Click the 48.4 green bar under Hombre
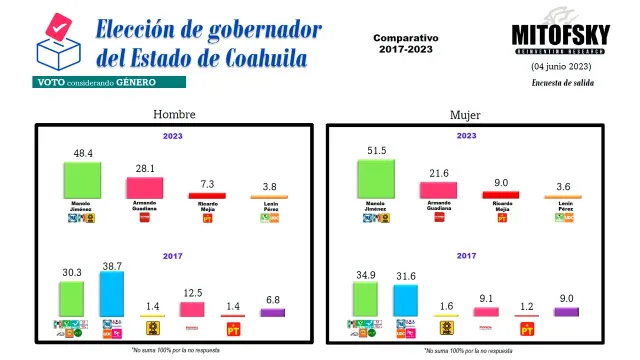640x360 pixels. click(83, 181)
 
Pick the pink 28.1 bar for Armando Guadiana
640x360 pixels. click(145, 188)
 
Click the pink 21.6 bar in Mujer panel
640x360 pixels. click(438, 189)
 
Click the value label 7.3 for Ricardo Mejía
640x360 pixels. click(207, 185)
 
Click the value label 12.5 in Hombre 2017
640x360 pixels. click(192, 293)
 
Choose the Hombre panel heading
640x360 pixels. click(173, 115)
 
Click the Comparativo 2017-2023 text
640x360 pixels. click(406, 44)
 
